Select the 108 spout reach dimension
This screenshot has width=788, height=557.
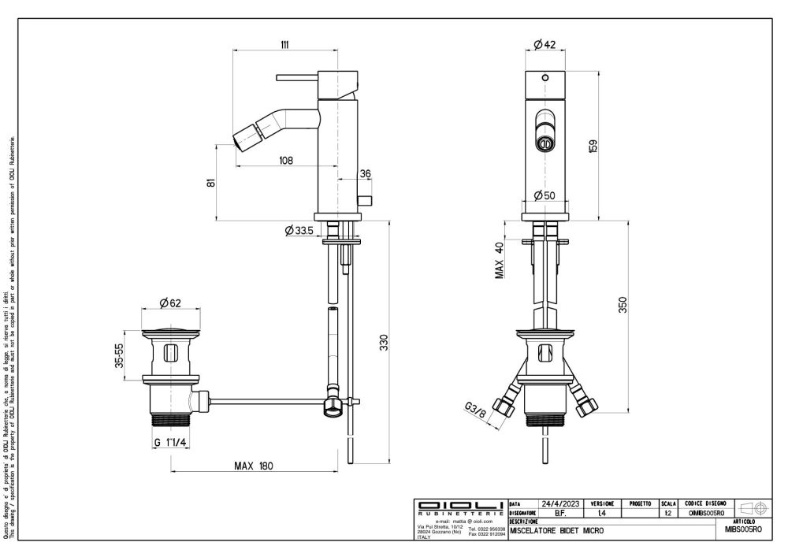[x=285, y=161]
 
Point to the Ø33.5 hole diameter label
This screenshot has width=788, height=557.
[x=300, y=231]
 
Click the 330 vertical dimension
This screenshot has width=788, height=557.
[x=385, y=343]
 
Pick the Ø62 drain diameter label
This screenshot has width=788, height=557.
[x=171, y=303]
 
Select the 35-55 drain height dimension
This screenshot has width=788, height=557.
[x=119, y=355]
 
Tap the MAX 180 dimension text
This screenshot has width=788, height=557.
[x=253, y=466]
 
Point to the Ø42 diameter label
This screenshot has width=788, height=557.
[x=545, y=45]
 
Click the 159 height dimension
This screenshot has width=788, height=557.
[x=593, y=147]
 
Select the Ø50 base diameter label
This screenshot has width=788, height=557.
[x=545, y=195]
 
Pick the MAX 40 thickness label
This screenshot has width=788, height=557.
[x=500, y=260]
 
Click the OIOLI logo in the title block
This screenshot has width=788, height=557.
[x=461, y=504]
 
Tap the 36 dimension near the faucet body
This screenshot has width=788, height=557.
[x=365, y=173]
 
